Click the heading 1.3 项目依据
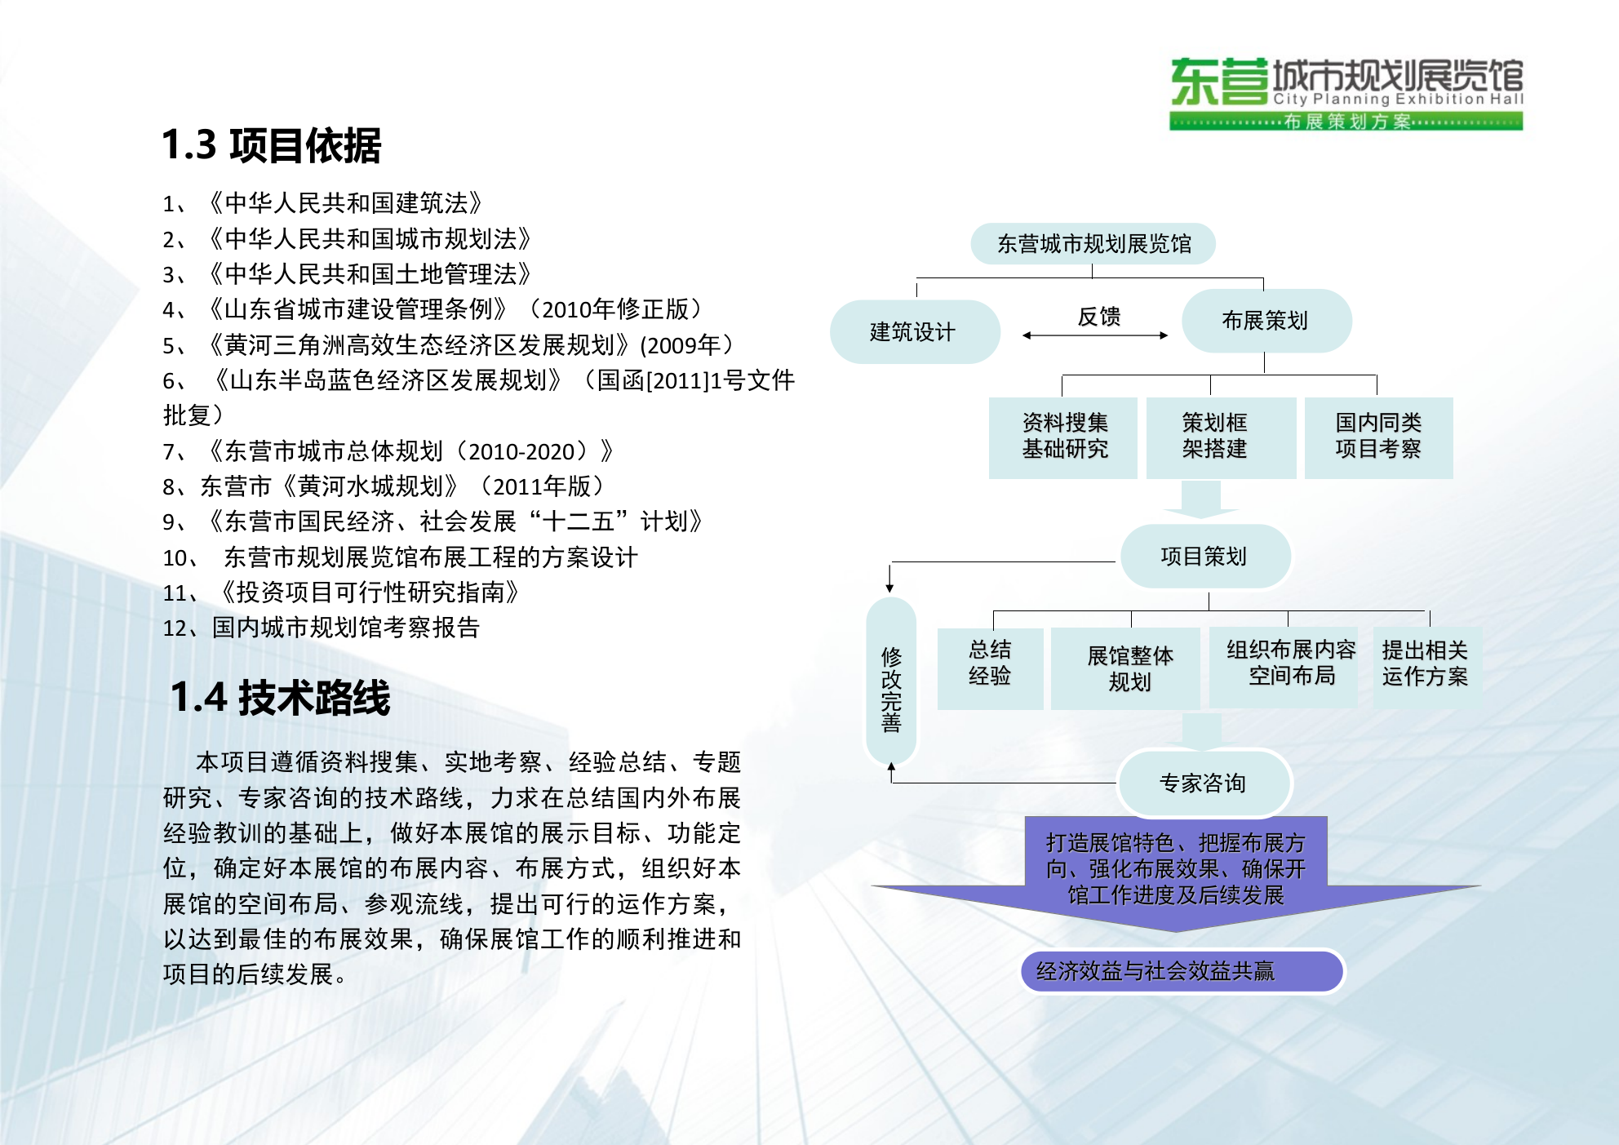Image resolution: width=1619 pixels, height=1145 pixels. pos(271,145)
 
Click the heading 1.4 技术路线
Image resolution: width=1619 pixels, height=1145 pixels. pos(280,698)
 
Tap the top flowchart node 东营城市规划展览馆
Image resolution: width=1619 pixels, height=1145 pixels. pos(1093,243)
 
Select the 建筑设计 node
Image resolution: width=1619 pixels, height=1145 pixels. pos(914,331)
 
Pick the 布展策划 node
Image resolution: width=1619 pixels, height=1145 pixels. pos(1266,321)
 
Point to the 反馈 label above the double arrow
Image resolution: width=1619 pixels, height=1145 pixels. pos(1098,317)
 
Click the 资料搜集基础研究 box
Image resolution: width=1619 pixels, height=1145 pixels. pos(1064,437)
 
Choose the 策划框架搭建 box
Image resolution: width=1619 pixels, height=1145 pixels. pos(1215,437)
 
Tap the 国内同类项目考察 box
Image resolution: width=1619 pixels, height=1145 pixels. pos(1378,437)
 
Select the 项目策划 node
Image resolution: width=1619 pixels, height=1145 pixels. pos(1204,557)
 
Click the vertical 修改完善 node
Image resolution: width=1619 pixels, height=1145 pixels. pos(891,689)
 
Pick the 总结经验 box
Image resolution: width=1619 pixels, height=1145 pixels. pos(990,663)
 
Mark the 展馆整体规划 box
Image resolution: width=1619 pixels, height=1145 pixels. pos(1130,668)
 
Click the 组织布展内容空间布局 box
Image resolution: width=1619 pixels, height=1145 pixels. pos(1291,663)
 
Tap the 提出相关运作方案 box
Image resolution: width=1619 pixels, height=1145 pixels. pos(1425,663)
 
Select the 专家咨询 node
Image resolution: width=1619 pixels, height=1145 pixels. pos(1203,783)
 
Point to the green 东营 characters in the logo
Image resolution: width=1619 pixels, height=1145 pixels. pos(1219,82)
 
